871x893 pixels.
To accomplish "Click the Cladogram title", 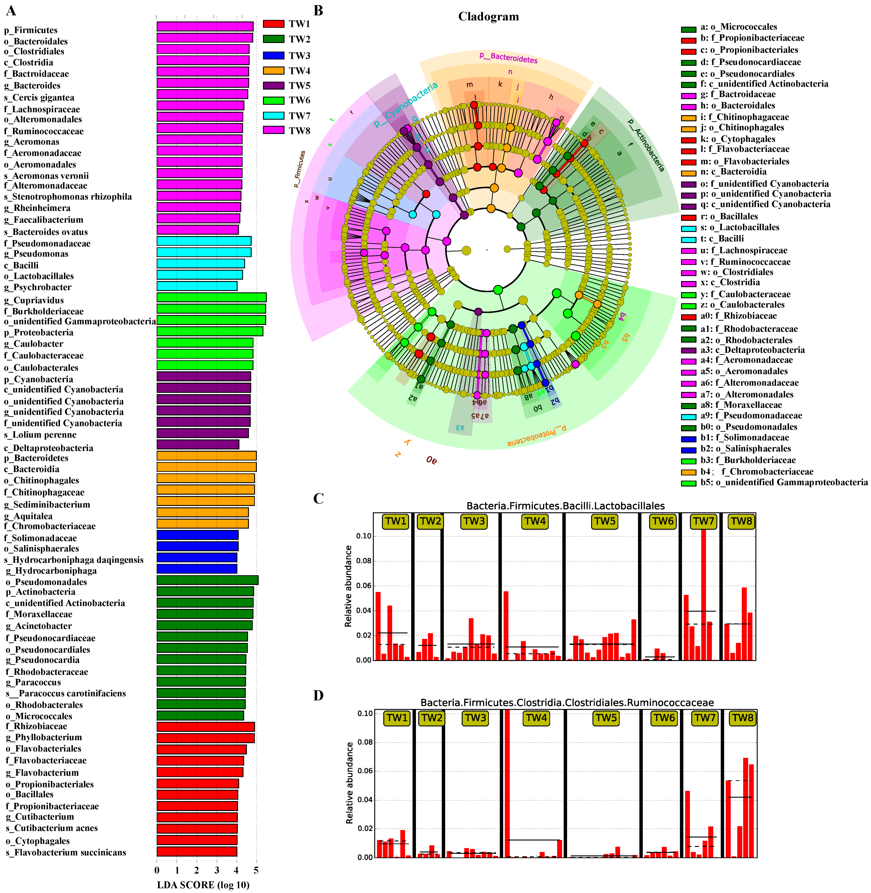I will click(489, 17).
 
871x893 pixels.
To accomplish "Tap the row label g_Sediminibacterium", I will click(47, 504).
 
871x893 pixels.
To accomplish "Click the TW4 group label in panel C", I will click(535, 521).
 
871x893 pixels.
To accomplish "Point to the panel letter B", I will click(318, 10).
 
